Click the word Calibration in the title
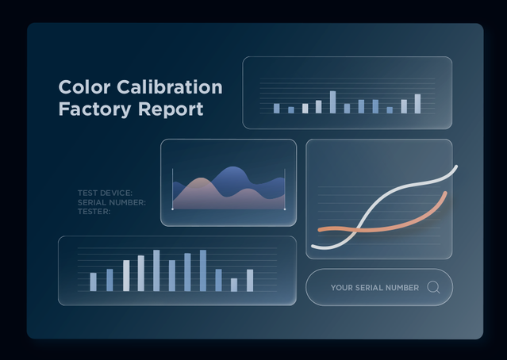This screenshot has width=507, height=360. (x=170, y=87)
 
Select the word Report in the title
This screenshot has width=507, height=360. (x=171, y=110)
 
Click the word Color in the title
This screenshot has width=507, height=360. (x=84, y=87)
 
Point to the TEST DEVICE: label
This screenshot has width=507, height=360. (x=105, y=193)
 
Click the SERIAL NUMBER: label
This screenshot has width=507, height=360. (x=112, y=203)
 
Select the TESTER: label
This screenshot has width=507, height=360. (x=94, y=212)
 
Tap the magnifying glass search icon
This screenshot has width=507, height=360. (x=433, y=287)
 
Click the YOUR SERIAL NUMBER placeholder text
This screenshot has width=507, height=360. (x=374, y=288)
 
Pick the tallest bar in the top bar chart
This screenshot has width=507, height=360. (x=332, y=102)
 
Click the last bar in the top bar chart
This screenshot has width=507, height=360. (x=418, y=104)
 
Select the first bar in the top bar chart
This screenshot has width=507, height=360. (x=276, y=109)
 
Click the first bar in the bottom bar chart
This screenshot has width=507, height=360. (x=93, y=282)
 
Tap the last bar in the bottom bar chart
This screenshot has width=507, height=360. (x=250, y=281)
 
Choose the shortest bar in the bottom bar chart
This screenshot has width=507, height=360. (x=234, y=285)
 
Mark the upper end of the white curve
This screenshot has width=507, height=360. (x=456, y=167)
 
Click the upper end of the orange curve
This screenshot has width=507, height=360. (x=446, y=193)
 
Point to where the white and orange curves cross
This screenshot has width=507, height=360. (x=355, y=230)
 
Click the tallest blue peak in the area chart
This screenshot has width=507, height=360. (x=232, y=167)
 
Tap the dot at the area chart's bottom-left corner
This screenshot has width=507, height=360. (x=172, y=209)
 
